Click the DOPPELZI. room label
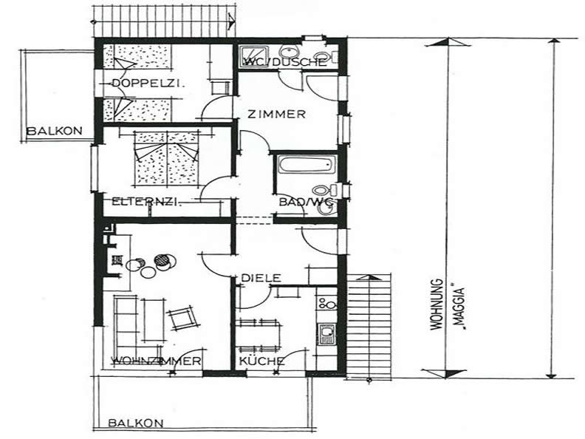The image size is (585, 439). click(148, 84)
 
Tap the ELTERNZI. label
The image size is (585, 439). click(147, 202)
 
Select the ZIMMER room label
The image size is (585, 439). click(277, 114)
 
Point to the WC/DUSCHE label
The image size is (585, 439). click(284, 62)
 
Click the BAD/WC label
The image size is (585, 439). click(306, 202)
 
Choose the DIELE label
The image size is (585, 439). click(261, 278)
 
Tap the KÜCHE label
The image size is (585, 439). click(261, 361)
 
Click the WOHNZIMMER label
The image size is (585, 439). click(157, 361)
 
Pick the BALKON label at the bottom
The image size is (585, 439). click(136, 423)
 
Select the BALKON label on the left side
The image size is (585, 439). click(55, 131)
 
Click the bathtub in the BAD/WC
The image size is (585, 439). click(307, 165)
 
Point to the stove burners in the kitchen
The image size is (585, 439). click(327, 303)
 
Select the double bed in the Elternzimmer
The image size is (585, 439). click(165, 158)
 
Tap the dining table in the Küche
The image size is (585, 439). click(260, 335)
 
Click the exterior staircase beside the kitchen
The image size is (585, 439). click(369, 325)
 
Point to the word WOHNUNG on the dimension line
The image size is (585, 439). click(437, 304)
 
